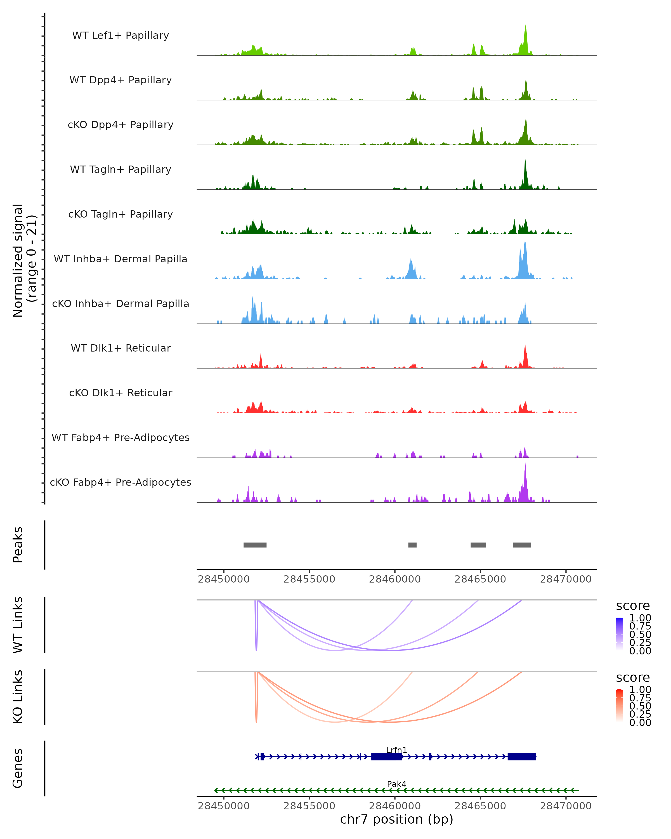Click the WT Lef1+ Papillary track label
(121, 36)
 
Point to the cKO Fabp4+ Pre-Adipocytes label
(121, 482)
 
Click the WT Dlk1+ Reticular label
(121, 348)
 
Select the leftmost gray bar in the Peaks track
(255, 545)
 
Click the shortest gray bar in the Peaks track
(412, 545)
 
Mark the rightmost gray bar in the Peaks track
(522, 545)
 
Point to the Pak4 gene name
(396, 784)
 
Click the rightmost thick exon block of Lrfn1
(522, 756)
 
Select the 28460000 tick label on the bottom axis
(395, 806)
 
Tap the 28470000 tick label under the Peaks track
(566, 579)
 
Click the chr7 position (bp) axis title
(396, 819)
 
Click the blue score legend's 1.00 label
(640, 618)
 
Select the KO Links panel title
(18, 697)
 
